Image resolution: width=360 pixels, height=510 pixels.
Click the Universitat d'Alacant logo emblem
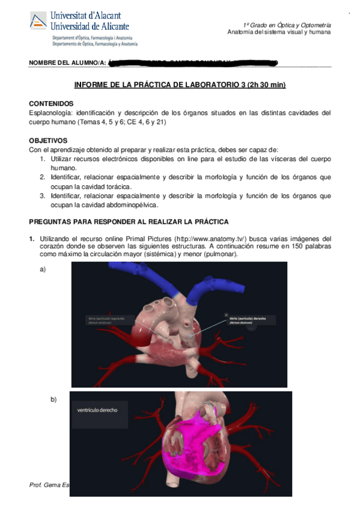(38, 21)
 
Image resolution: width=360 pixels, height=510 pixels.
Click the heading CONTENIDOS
(51, 103)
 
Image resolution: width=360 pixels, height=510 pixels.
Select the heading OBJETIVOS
(50, 140)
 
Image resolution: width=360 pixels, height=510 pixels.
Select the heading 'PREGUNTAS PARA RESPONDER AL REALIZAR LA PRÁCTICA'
(129, 222)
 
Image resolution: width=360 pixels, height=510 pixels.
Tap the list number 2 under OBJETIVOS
(43, 177)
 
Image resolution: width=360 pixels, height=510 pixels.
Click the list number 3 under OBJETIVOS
(43, 195)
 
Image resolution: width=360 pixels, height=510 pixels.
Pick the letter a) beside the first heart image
(43, 269)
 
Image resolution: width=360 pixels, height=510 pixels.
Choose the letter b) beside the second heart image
(53, 399)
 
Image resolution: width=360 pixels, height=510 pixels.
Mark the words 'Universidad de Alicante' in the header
(90, 26)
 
